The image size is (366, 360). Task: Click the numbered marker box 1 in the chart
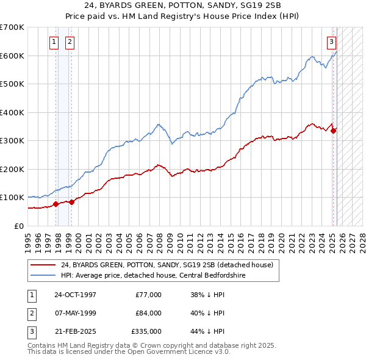click(54, 42)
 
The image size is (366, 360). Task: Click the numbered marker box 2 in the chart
click(70, 42)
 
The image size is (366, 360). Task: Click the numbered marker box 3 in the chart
click(331, 42)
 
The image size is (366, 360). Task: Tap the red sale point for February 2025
click(334, 130)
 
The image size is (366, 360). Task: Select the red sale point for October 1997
click(56, 204)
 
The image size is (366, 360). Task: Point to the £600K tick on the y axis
click(13, 56)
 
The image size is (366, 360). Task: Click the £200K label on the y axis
click(13, 169)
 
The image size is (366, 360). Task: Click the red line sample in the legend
click(43, 265)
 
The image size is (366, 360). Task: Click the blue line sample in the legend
click(43, 275)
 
